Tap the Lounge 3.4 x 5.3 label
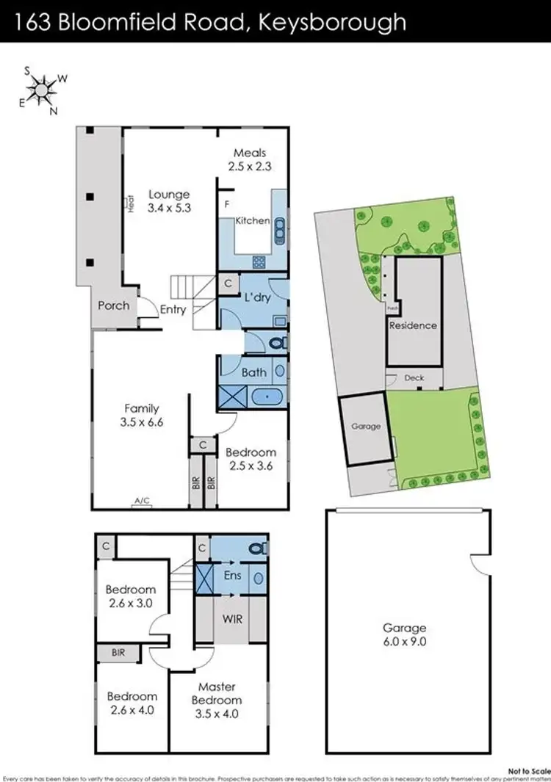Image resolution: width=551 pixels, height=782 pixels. (169, 201)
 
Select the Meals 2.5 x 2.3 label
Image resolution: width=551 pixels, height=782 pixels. (250, 159)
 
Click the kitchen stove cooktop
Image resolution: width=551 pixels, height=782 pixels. (259, 261)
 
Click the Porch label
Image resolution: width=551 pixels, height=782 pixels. (113, 305)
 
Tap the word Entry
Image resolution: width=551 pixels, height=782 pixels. (173, 309)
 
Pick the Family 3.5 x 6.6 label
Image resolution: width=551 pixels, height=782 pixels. (142, 416)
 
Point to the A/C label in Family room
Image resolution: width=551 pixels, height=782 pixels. (142, 501)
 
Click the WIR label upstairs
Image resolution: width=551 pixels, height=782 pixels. (231, 618)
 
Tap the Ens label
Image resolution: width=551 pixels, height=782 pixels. (232, 576)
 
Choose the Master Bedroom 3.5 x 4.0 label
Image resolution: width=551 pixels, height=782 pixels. (217, 700)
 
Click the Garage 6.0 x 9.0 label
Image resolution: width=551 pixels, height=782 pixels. (404, 634)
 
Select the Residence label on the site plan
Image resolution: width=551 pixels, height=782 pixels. (413, 325)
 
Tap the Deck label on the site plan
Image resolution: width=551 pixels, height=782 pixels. (414, 378)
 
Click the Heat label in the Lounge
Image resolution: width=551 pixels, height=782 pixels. (130, 203)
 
